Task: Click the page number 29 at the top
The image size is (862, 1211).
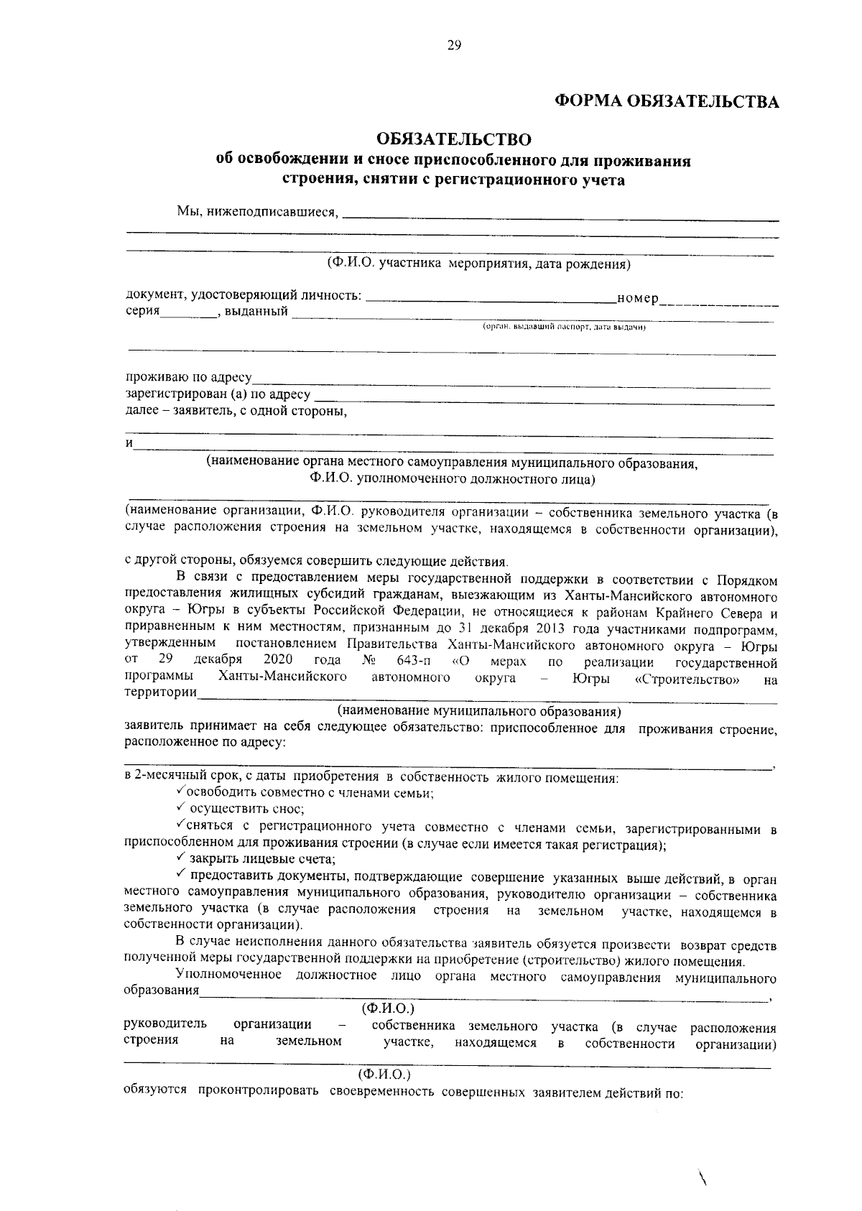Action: point(454,45)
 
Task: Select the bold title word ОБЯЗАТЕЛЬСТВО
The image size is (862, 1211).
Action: point(454,138)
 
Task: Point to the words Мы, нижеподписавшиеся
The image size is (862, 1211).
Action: point(257,213)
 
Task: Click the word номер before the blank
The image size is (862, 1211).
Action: point(638,299)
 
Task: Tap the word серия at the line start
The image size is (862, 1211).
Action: point(142,312)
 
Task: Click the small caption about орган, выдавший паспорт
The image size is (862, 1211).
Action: point(565,327)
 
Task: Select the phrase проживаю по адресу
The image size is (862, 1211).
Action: point(188,378)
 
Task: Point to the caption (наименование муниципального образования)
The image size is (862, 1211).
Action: point(479,711)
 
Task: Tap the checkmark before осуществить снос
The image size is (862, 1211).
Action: point(182,809)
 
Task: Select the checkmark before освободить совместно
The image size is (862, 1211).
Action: point(180,792)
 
